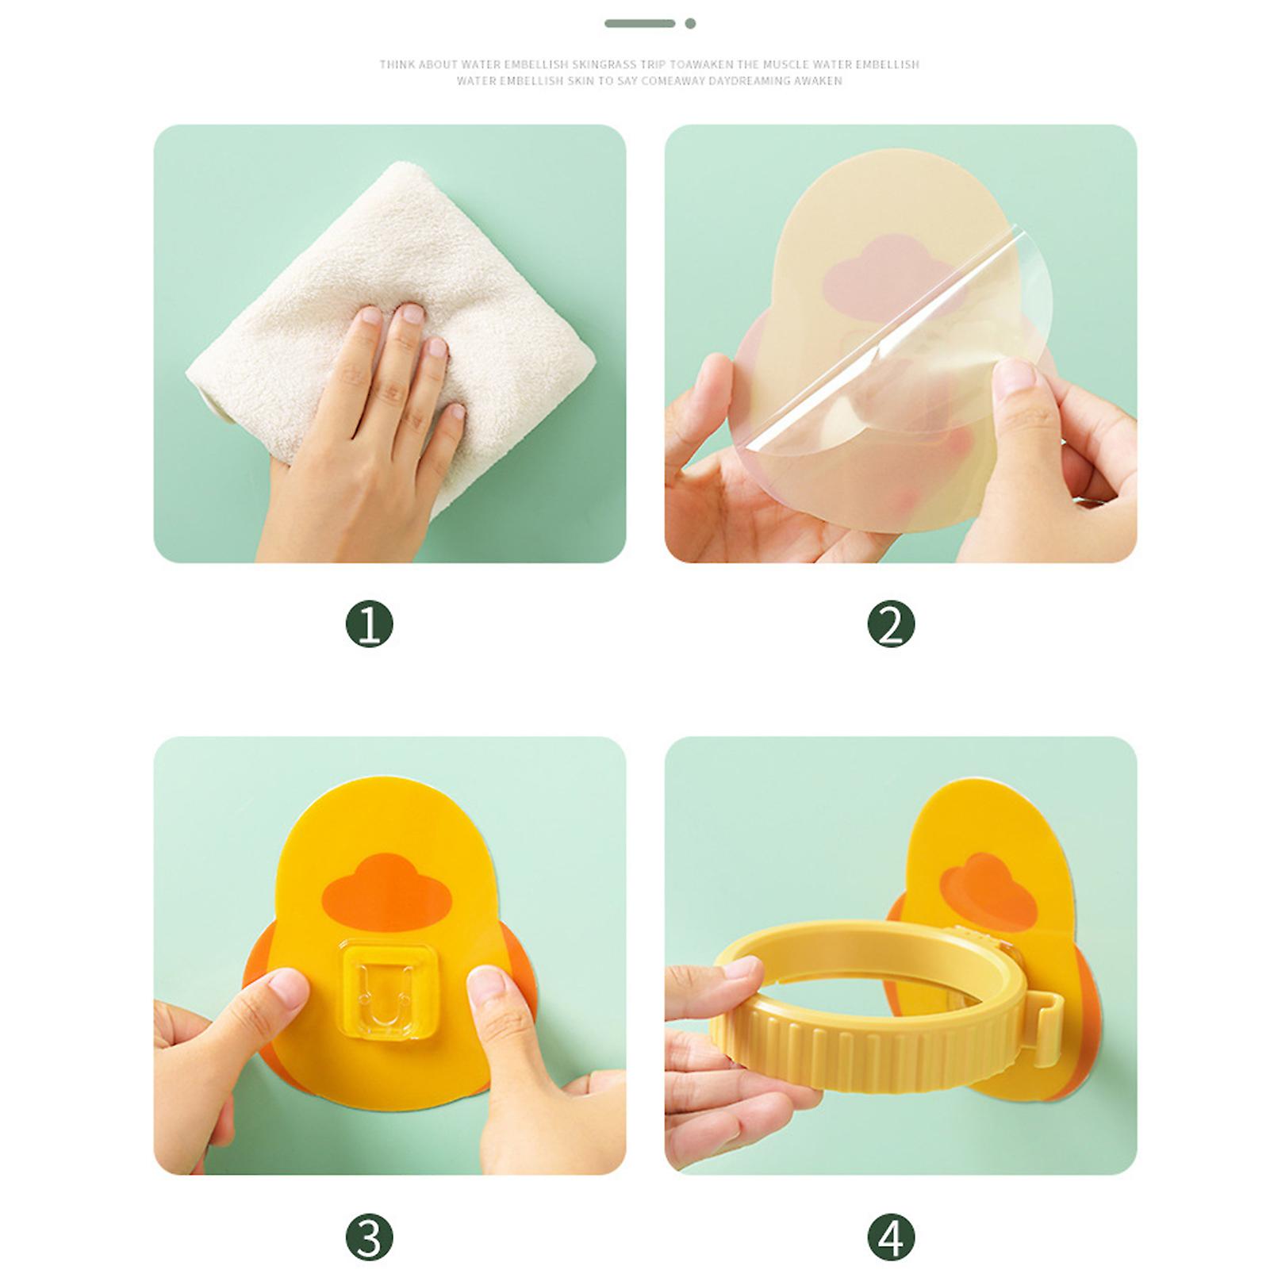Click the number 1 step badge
point(370,624)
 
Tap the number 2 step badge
point(891,624)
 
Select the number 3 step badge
point(370,1237)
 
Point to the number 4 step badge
point(891,1237)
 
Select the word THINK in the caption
point(397,64)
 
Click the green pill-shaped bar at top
point(639,24)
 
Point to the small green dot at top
point(690,24)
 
